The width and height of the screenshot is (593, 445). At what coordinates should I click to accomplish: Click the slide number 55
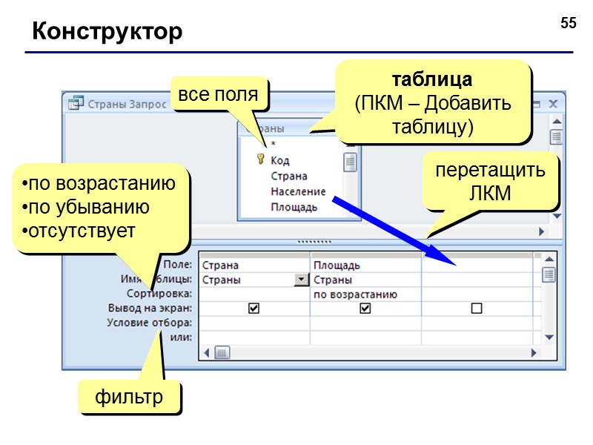tap(568, 24)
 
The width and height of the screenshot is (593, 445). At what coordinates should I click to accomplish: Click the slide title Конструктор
tap(107, 32)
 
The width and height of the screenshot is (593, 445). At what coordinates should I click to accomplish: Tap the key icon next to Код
tap(260, 159)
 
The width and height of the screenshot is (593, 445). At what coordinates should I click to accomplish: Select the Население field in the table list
tap(298, 191)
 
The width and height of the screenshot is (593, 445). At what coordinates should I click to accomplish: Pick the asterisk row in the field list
tap(274, 145)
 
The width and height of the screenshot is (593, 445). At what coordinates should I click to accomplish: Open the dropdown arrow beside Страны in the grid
tap(301, 280)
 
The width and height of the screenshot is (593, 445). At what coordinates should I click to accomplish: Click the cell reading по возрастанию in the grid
tap(355, 294)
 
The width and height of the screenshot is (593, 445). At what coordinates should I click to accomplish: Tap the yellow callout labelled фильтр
tap(129, 397)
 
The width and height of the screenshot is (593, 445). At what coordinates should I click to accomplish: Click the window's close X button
tap(552, 105)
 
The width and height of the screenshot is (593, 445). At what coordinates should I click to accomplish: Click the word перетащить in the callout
tap(490, 170)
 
